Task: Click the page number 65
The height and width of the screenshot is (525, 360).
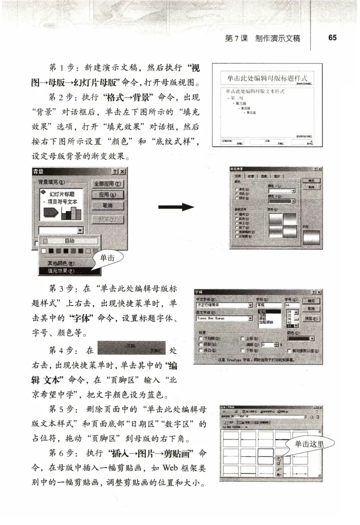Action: (x=332, y=38)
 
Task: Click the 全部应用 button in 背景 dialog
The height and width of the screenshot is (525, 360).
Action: (x=108, y=184)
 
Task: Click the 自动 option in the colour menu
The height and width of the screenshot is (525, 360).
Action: (x=69, y=241)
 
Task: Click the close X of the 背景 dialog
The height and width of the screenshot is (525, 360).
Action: (x=123, y=172)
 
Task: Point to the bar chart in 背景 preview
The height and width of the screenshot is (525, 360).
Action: (x=71, y=212)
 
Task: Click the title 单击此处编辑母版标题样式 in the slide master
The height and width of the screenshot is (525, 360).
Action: (x=268, y=78)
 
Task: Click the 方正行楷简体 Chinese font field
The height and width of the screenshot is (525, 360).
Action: (x=223, y=305)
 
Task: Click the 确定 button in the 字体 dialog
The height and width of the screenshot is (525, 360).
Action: (x=311, y=301)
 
